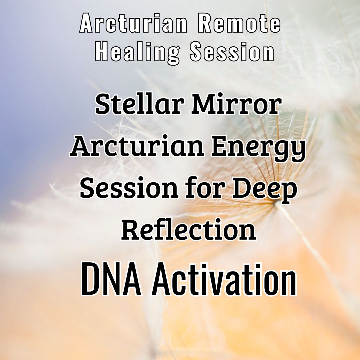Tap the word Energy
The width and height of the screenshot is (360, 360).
[x=258, y=147]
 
